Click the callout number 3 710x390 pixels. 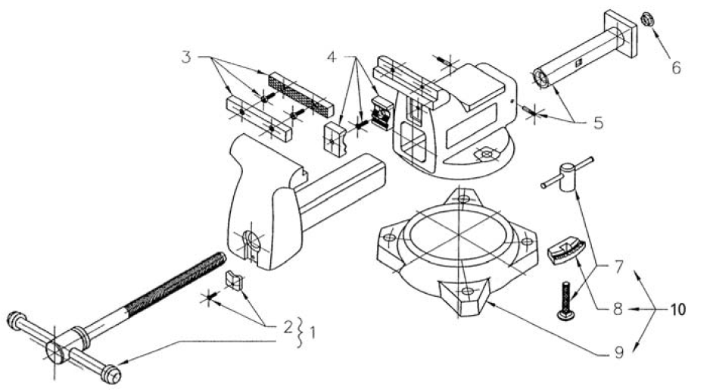pyautogui.click(x=186, y=58)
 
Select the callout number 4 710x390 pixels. pyautogui.click(x=332, y=58)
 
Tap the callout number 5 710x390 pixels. pyautogui.click(x=599, y=123)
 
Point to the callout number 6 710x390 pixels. pyautogui.click(x=676, y=68)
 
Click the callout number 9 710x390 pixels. pyautogui.click(x=618, y=353)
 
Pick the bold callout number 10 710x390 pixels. pyautogui.click(x=678, y=310)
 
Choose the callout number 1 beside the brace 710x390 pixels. pyautogui.click(x=312, y=334)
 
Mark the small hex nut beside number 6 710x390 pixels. pyautogui.click(x=647, y=20)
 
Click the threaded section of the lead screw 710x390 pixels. pyautogui.click(x=176, y=283)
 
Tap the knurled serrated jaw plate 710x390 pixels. pyautogui.click(x=301, y=94)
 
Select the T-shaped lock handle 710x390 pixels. pyautogui.click(x=566, y=175)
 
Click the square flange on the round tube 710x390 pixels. pyautogui.click(x=621, y=33)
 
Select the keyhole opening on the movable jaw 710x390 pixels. pyautogui.click(x=250, y=244)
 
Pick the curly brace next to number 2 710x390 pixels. pyautogui.click(x=299, y=333)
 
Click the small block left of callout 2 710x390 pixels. pyautogui.click(x=233, y=280)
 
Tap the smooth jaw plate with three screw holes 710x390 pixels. pyautogui.click(x=259, y=118)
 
